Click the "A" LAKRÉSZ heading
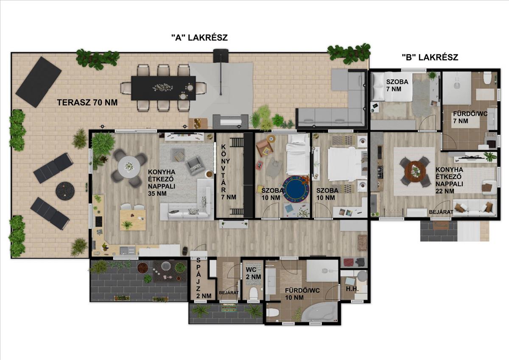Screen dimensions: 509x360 (199, 37)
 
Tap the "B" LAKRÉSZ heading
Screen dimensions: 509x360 (430, 57)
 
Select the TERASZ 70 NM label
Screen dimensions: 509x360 (87, 103)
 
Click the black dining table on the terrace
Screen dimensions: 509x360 (163, 88)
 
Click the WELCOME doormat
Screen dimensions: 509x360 (229, 308)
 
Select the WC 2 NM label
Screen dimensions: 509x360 (253, 273)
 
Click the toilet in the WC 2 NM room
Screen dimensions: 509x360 (253, 293)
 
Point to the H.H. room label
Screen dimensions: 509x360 (352, 289)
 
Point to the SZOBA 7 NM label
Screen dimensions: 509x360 (397, 85)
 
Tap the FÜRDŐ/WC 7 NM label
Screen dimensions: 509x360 (470, 117)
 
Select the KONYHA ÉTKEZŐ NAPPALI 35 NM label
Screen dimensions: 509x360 (162, 182)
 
